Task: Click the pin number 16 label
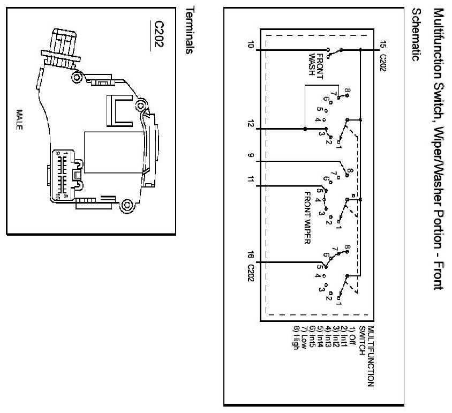[x=250, y=258]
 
